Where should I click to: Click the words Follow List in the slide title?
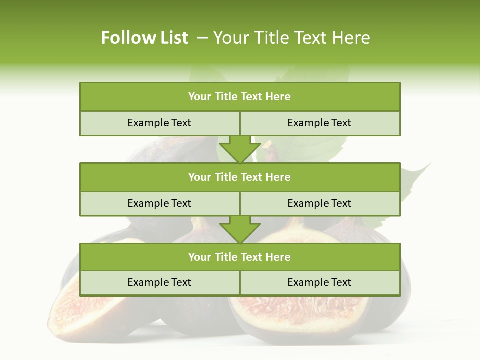(x=144, y=38)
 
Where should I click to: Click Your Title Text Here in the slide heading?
(x=291, y=38)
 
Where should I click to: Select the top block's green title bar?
(x=240, y=97)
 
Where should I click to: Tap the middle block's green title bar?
(x=240, y=177)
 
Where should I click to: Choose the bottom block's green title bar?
(x=240, y=257)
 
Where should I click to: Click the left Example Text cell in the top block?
(x=159, y=123)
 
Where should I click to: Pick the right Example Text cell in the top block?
(x=319, y=123)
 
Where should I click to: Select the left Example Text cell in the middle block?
(x=159, y=203)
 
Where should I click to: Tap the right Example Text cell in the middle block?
(x=319, y=203)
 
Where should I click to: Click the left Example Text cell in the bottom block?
(x=159, y=282)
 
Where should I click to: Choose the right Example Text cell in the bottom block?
(x=319, y=282)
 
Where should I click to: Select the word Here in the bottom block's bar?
(x=278, y=257)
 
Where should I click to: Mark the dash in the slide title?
(x=202, y=38)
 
